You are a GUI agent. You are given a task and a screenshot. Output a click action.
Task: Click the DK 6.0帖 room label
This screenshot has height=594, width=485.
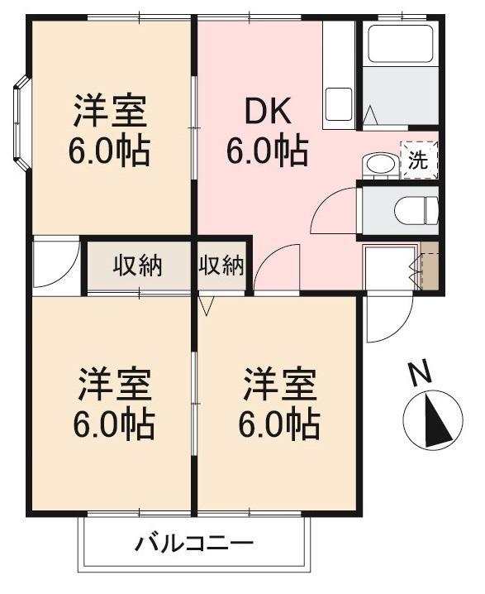pos(267,131)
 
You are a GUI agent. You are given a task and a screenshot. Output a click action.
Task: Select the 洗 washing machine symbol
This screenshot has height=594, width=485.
pos(419,160)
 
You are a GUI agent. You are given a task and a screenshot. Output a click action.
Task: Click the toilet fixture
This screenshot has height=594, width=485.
pos(416,211)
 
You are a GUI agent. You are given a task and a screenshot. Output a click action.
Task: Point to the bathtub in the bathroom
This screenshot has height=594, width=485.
pos(400,44)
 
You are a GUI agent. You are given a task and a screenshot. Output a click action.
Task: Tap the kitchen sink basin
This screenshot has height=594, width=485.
pos(339,104)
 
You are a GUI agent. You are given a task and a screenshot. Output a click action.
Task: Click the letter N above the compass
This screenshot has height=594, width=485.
pos(419,372)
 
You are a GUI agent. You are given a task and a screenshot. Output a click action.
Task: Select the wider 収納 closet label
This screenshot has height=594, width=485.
pos(138,266)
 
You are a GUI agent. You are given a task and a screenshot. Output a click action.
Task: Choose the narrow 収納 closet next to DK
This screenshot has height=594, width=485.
pos(221,266)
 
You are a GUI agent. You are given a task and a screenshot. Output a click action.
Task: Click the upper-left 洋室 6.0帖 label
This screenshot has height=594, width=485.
pos(109,131)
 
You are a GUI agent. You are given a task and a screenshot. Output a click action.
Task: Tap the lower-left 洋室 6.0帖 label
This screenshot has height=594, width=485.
pos(114,405)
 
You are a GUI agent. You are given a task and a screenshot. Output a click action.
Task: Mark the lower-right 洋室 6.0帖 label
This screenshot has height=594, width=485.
pos(279,405)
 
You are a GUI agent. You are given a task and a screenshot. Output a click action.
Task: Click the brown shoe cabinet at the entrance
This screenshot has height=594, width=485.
pos(430,266)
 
